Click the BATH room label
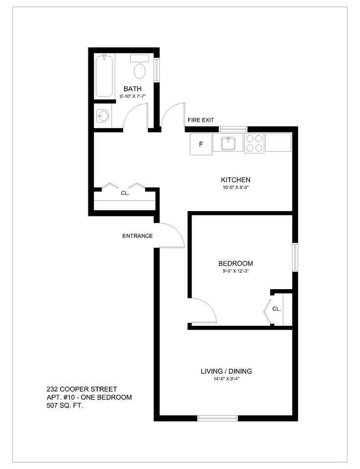(132, 89)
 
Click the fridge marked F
(201, 144)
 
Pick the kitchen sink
(228, 143)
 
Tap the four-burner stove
(254, 143)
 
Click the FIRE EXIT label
(201, 120)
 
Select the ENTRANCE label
(137, 236)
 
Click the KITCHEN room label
(235, 180)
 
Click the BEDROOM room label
(235, 263)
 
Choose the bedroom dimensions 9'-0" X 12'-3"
(235, 271)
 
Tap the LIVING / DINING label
(226, 371)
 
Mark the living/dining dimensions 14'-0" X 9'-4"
(226, 379)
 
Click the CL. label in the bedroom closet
(276, 309)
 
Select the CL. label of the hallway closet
(125, 193)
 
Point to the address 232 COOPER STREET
(82, 389)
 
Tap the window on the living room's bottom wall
(217, 418)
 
